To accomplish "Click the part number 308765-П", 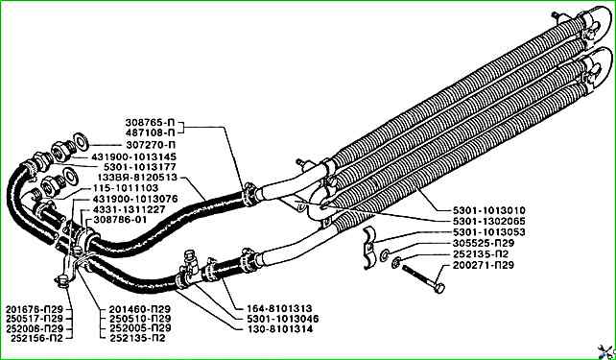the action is click(x=149, y=122).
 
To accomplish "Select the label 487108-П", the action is click(x=149, y=132).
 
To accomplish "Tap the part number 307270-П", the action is click(x=151, y=145).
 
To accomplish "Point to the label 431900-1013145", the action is click(x=134, y=156).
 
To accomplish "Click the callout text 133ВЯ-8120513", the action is click(x=137, y=178).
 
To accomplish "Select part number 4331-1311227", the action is click(x=129, y=209).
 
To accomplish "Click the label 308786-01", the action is click(x=122, y=220).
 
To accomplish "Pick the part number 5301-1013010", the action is click(x=488, y=210).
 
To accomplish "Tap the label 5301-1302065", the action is click(x=488, y=221).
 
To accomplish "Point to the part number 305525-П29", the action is click(x=484, y=243).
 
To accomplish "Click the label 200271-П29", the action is click(x=484, y=265).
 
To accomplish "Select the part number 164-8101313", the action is click(x=279, y=308).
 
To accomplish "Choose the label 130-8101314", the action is click(x=280, y=329).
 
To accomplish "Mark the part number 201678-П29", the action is click(x=35, y=309).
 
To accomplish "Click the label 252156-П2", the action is click(x=36, y=338).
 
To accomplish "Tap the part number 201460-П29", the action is click(x=140, y=309).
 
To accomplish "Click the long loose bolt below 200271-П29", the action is click(x=423, y=279).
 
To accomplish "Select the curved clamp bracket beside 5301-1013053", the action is click(x=369, y=248).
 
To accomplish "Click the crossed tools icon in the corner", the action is click(x=606, y=351).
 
